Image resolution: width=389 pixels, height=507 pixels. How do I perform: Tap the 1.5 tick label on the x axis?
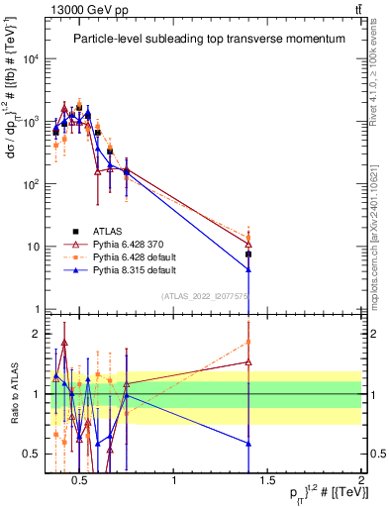[x=267, y=482]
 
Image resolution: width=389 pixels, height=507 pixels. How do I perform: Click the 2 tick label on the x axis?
[x=360, y=482]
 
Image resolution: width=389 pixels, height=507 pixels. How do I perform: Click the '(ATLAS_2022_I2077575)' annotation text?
[x=206, y=295]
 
